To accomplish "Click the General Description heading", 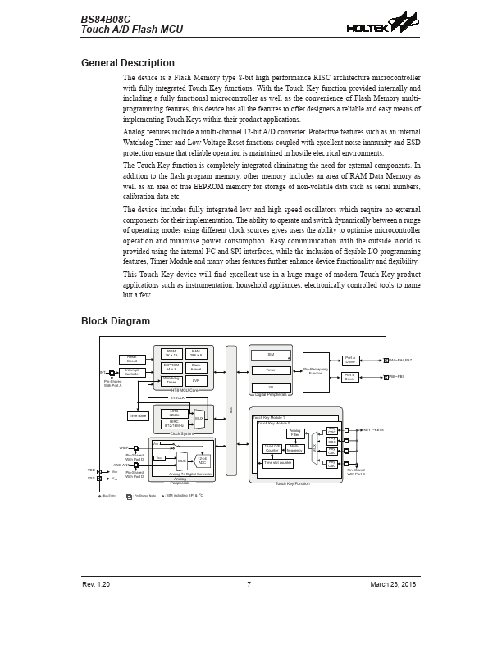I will pyautogui.click(x=127, y=63).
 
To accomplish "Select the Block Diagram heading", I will pyautogui.click(x=116, y=321).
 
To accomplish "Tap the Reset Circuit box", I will pyautogui.click(x=132, y=359).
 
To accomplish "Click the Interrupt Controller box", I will pyautogui.click(x=132, y=373).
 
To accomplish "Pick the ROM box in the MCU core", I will pyautogui.click(x=171, y=352).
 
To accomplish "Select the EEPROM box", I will pyautogui.click(x=171, y=366).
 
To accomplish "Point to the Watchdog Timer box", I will pyautogui.click(x=171, y=380).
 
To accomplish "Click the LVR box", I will pyautogui.click(x=196, y=380).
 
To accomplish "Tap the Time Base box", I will pyautogui.click(x=138, y=416).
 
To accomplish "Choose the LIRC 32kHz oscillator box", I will pyautogui.click(x=174, y=413).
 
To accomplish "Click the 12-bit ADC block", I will pyautogui.click(x=202, y=461).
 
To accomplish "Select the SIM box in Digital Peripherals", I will pyautogui.click(x=271, y=355).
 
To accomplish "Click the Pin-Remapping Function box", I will pyautogui.click(x=316, y=371).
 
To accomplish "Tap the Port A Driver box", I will pyautogui.click(x=350, y=361).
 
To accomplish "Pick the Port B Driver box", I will pyautogui.click(x=350, y=377).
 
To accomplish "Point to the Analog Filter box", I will pyautogui.click(x=295, y=433).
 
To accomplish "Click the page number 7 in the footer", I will pyautogui.click(x=249, y=584).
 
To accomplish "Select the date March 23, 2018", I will pyautogui.click(x=393, y=584).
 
